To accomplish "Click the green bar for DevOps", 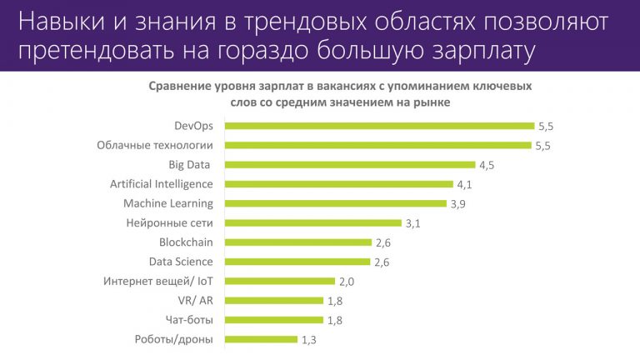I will click(380, 126).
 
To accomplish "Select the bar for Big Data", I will click(350, 165).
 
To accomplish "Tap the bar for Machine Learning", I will click(336, 203).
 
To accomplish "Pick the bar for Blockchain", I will click(298, 242).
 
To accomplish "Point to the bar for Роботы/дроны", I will click(262, 339).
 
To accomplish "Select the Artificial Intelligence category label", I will click(162, 184).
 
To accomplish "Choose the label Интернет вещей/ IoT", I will click(158, 281).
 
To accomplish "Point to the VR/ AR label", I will click(194, 300).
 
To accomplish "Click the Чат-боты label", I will click(189, 319).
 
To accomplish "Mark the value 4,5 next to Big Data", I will click(487, 165).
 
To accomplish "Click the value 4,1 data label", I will click(465, 184).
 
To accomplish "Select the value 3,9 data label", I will click(458, 204).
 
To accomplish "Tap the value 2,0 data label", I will click(347, 282).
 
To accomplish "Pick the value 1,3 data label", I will click(309, 340).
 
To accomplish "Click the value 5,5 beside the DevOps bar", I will click(547, 127).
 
